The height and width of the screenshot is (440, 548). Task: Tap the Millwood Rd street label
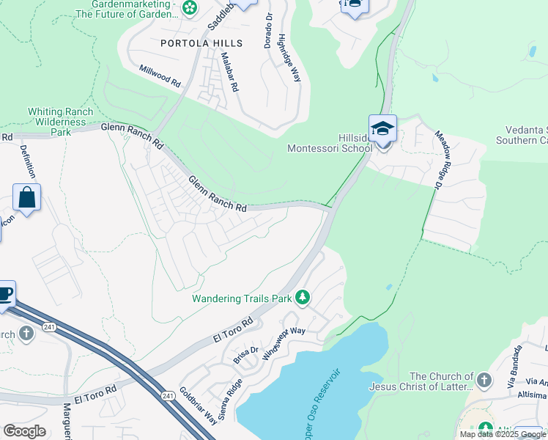[x=160, y=76]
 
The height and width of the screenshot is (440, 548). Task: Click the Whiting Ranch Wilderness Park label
[x=60, y=122]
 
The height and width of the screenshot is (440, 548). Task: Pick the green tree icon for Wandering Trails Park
[x=303, y=298]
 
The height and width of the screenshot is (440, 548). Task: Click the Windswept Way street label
[x=288, y=340]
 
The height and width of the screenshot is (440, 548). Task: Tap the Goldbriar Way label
[x=198, y=405]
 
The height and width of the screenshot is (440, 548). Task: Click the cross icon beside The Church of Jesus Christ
[x=484, y=381]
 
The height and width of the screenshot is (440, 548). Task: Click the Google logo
[x=24, y=431]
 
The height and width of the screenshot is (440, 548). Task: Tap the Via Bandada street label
[x=520, y=364]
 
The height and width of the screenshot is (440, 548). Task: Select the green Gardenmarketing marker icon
[x=190, y=9]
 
